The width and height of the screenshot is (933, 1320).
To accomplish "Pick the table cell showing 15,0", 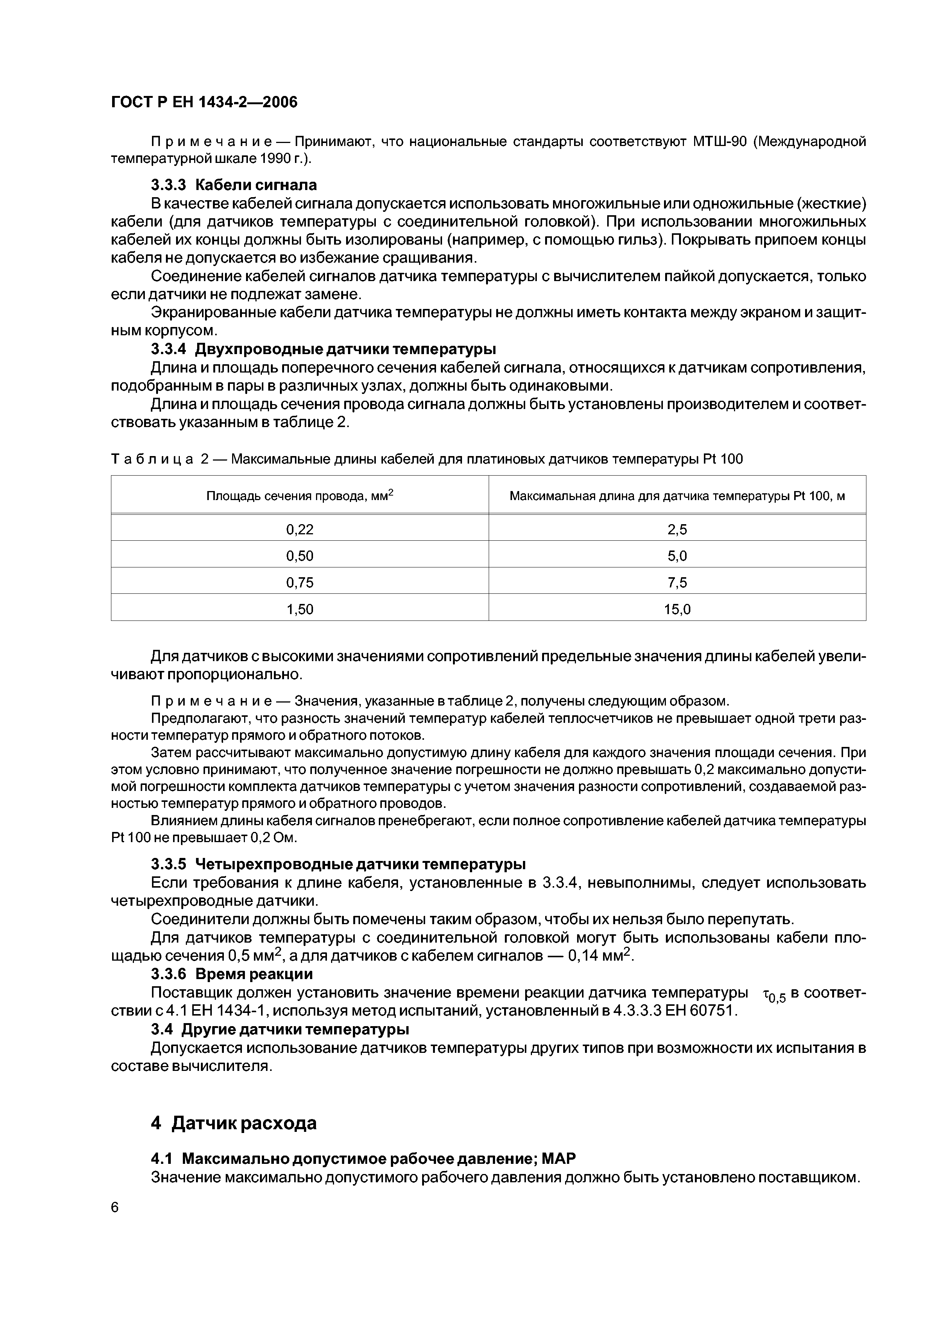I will tap(677, 609).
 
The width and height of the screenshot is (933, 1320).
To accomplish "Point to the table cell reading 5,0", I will tap(677, 556).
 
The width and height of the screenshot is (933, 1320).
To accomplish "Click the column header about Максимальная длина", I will tap(677, 496).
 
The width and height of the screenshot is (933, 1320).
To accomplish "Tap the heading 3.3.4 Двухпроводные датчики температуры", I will tap(323, 349).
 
